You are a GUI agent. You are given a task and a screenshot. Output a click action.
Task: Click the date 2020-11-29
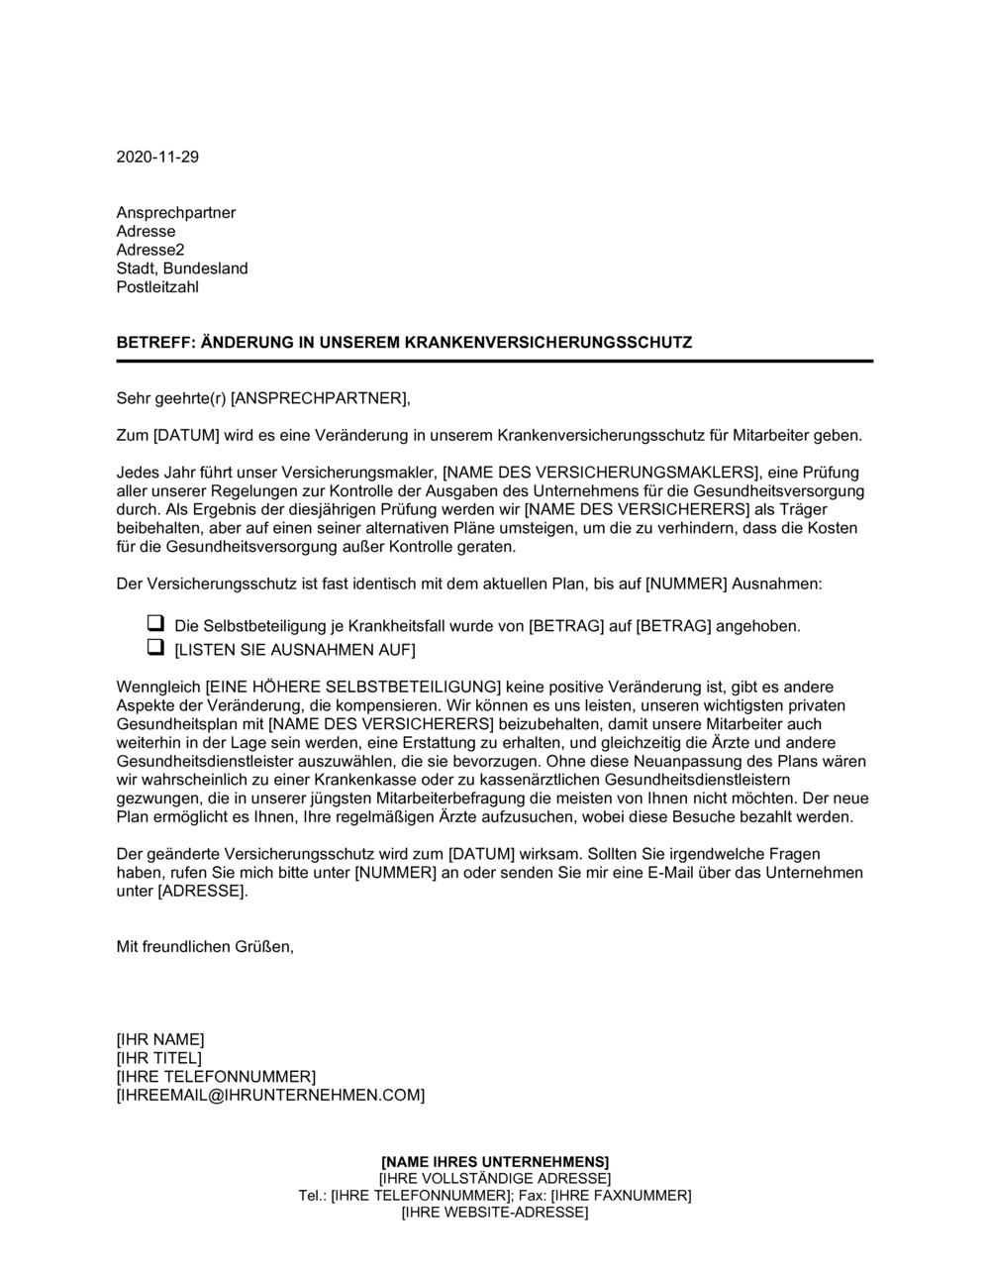coord(157,158)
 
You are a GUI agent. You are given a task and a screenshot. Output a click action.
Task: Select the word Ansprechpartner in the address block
coord(176,213)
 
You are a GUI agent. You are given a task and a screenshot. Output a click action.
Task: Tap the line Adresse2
coord(150,250)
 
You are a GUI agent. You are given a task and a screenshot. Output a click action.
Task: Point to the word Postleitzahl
coord(157,287)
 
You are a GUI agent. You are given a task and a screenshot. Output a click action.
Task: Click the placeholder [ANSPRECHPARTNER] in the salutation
coord(318,398)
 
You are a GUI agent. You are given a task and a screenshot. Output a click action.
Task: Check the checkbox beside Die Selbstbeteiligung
coord(154,624)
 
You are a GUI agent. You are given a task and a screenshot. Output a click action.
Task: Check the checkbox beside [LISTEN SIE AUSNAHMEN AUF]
coord(154,648)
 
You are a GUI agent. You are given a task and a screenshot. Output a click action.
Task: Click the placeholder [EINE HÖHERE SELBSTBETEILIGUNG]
coord(352,688)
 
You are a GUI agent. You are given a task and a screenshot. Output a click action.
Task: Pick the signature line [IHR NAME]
coord(160,1039)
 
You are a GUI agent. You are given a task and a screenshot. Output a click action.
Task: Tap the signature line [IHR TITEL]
coord(158,1058)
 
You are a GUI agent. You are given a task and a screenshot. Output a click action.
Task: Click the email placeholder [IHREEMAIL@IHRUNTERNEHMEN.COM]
coord(270,1095)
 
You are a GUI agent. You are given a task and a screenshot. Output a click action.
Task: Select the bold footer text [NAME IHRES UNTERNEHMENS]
coord(495,1161)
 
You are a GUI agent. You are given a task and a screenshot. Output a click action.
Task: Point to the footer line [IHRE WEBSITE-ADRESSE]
coord(495,1213)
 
